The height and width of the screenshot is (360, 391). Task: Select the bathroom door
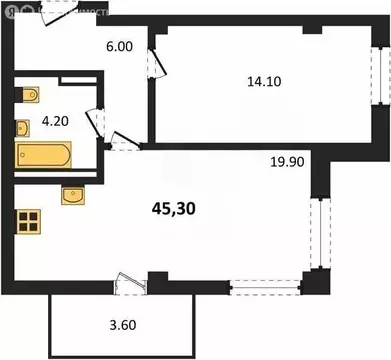point(98,124)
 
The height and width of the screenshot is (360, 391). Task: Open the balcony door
point(127,285)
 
